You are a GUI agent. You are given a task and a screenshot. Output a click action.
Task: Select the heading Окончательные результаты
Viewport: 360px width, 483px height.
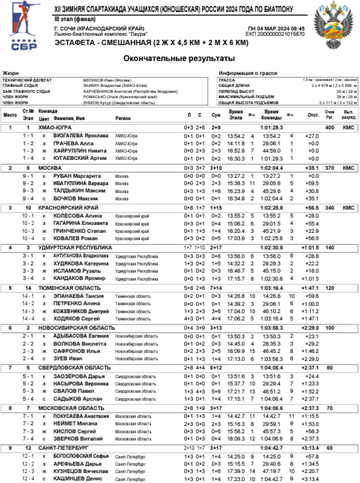179,59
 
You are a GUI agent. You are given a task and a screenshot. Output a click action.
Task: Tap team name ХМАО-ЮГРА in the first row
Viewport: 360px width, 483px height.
55,128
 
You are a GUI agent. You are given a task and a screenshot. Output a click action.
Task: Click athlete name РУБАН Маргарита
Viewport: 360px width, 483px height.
75,176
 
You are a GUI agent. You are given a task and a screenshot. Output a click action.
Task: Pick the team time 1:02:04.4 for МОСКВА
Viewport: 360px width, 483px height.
271,168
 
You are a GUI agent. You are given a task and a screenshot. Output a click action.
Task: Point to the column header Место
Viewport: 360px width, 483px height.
10,115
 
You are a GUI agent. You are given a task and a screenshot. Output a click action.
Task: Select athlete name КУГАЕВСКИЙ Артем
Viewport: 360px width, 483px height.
80,158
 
